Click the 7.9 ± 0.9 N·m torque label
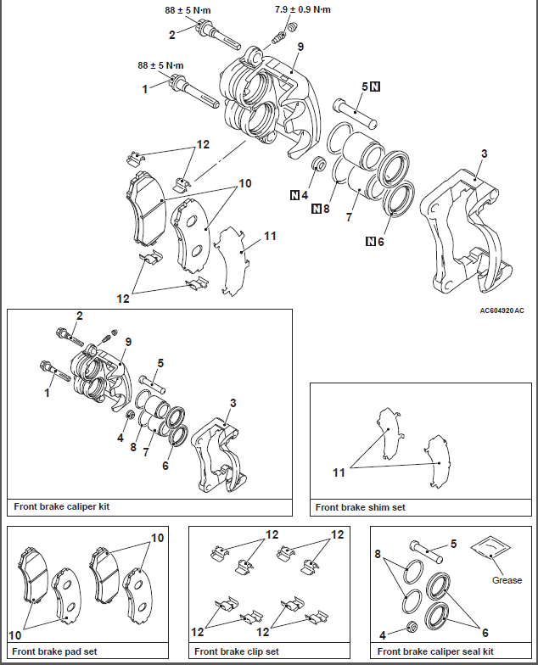302,10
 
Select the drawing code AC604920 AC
502,310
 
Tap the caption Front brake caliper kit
61,506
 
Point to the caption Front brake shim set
360,507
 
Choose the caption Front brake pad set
54,651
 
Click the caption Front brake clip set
237,651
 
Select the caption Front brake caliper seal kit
435,651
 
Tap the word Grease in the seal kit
507,580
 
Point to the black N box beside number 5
375,87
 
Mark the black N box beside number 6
371,241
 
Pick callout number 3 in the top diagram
484,154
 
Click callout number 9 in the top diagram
300,47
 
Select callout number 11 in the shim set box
339,472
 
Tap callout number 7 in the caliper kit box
146,452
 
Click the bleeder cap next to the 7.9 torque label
291,27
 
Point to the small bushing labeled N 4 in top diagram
319,163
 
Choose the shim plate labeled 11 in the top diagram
231,261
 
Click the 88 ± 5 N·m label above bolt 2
188,10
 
